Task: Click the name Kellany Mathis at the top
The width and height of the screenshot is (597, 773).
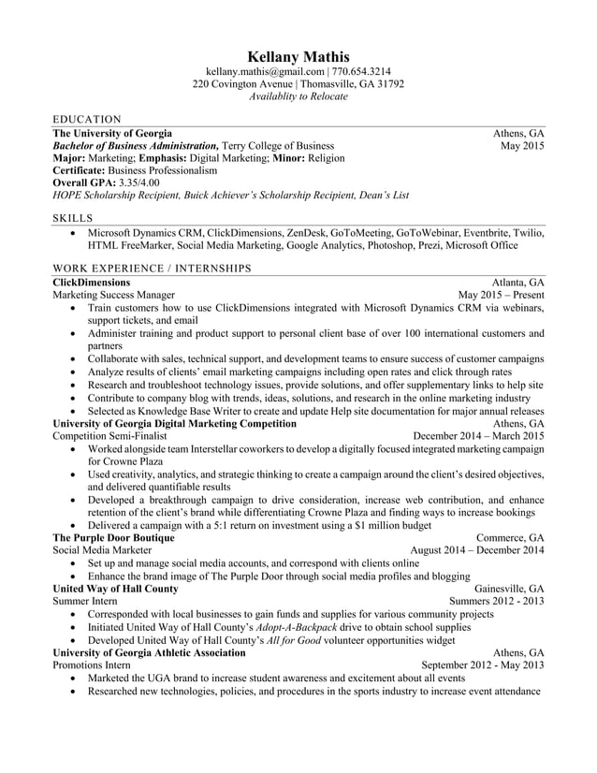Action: [x=298, y=56]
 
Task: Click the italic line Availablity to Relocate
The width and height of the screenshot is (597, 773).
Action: [x=298, y=96]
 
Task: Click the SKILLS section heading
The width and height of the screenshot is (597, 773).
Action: [x=73, y=218]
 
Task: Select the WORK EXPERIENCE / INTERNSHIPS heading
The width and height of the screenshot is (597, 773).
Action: [x=152, y=269]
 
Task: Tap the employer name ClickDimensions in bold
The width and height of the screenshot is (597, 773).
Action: [x=92, y=282]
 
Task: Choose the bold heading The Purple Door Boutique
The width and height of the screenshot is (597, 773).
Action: [x=113, y=538]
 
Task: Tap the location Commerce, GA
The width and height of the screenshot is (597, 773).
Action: [x=510, y=538]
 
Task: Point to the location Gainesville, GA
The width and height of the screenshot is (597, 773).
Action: [x=509, y=589]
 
